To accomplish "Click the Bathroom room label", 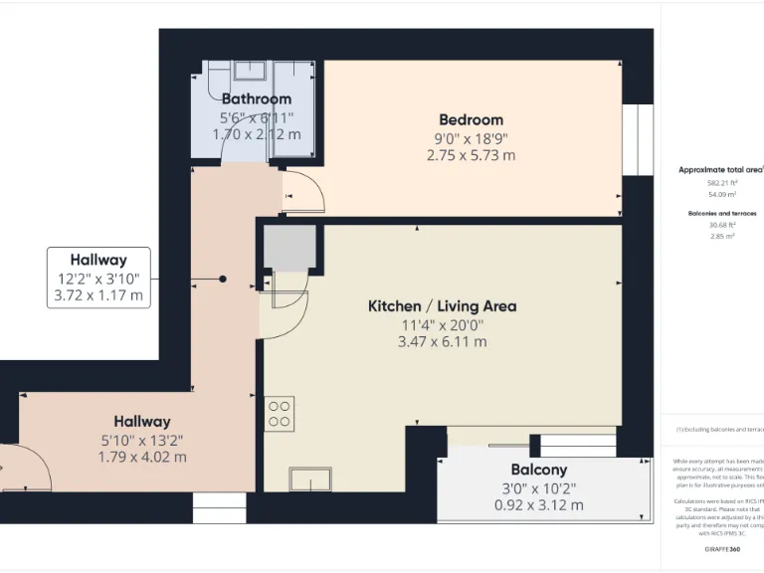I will (x=257, y=98).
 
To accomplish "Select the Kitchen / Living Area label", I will (x=443, y=305).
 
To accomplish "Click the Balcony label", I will (x=538, y=470).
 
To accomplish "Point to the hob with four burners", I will (x=280, y=414).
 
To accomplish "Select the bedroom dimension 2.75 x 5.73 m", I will (x=471, y=155).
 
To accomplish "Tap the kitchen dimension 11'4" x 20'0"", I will (x=443, y=324).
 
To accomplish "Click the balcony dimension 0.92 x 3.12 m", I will (x=538, y=504).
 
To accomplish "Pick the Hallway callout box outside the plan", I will (x=98, y=278).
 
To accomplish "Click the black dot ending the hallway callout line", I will (x=223, y=279).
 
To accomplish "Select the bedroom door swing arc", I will (x=303, y=192).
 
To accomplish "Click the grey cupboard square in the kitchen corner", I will (x=289, y=248).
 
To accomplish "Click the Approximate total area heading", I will (x=719, y=170).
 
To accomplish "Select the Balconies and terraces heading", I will (x=722, y=214).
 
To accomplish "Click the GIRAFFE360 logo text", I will (x=722, y=548).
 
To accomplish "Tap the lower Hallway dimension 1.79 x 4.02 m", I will (x=141, y=458).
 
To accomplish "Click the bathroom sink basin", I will (x=249, y=70).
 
